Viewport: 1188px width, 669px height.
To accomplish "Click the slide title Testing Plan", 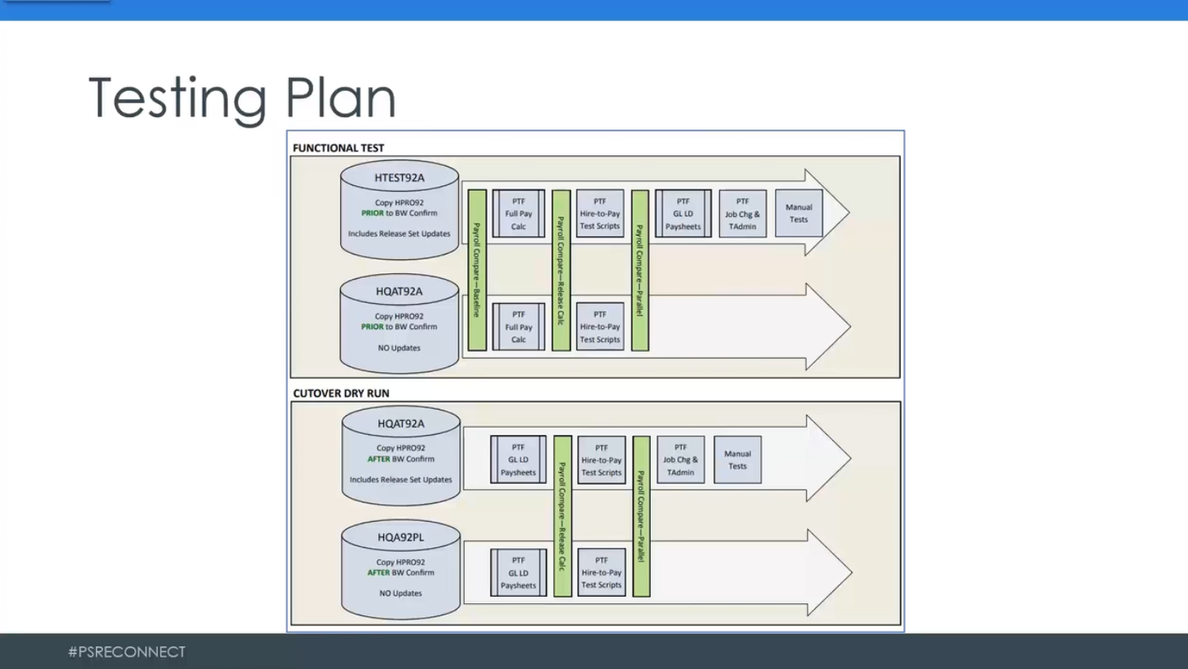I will tap(242, 98).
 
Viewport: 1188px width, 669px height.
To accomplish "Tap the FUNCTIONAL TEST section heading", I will tap(338, 148).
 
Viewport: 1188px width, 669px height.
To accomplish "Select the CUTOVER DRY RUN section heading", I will tap(341, 393).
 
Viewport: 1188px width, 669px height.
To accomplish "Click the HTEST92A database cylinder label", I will tap(399, 178).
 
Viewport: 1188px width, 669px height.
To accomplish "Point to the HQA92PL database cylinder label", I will tap(400, 537).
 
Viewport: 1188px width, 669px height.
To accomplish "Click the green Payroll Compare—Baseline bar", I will tap(477, 270).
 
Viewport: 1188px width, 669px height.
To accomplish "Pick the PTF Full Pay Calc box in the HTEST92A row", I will tap(518, 214).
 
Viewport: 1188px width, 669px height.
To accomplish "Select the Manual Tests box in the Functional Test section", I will tap(798, 214).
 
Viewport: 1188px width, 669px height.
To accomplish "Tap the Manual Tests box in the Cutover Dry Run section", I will tap(737, 460).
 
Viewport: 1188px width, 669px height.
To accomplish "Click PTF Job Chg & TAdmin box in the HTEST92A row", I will tap(742, 214).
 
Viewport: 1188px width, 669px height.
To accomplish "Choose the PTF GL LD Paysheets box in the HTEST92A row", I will tap(683, 214).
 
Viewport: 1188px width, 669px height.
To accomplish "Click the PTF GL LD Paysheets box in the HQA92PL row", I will tap(518, 572).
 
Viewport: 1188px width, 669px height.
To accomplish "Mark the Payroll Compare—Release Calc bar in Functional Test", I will tap(561, 270).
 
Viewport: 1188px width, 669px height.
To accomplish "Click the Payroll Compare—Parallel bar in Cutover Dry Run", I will tap(641, 516).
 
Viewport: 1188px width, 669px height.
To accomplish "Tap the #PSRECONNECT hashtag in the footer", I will tap(127, 652).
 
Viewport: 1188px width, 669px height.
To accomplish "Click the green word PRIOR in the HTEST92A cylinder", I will tap(372, 213).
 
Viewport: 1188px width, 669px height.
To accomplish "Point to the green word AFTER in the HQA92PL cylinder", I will tap(378, 572).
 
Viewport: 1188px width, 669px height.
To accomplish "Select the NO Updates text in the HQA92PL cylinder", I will tap(400, 593).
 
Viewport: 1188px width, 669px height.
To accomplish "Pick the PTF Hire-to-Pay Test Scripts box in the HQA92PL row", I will tap(601, 572).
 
